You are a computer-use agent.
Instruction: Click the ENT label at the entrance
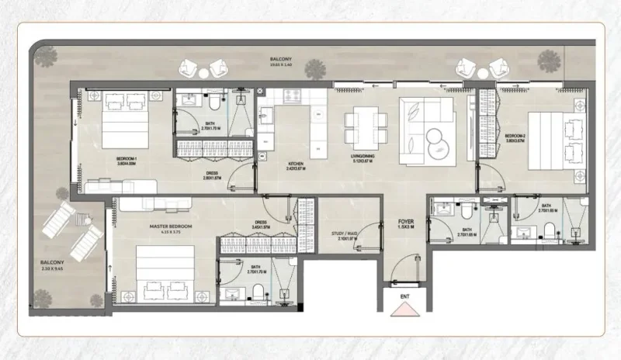(404, 296)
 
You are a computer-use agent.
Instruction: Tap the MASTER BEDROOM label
(171, 226)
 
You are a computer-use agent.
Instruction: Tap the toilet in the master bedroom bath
(257, 292)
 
